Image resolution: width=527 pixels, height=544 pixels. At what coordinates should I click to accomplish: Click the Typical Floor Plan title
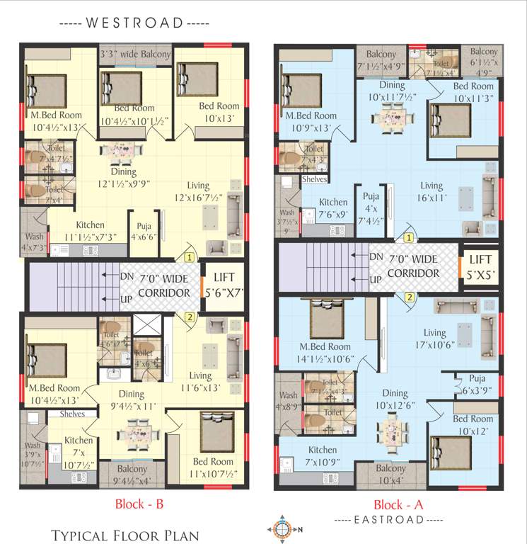pos(124,535)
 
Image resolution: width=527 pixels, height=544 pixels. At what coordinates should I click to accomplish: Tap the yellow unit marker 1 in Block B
pos(189,256)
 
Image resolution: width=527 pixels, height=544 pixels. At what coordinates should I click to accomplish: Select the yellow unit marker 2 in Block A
pos(409,297)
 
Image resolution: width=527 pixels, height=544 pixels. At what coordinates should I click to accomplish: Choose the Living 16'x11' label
pos(431,191)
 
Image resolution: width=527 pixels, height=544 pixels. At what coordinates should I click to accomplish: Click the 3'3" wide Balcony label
pos(135,55)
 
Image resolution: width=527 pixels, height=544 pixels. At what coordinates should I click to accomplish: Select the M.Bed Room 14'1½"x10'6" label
pos(325,353)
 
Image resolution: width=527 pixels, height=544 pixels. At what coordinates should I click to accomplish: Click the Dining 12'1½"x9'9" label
pos(123,176)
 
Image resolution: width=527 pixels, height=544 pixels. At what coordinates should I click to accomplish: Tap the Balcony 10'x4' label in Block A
pos(390,475)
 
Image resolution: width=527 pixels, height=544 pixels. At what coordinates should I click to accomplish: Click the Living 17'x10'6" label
pos(434,339)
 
